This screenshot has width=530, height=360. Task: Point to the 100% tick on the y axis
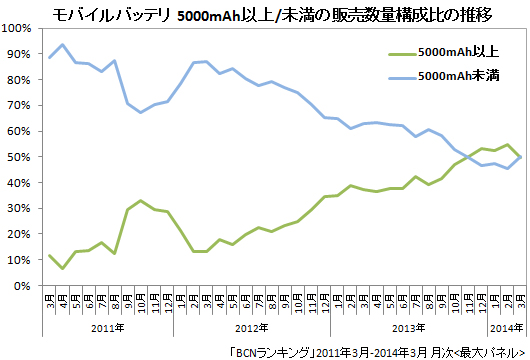[x=19, y=28]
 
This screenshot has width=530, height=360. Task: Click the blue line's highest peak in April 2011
[x=64, y=45]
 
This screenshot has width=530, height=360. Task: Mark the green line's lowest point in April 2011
[x=64, y=268]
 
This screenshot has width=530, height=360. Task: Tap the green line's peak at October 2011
[x=142, y=201]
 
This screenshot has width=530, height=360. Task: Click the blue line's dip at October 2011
[x=142, y=112]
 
